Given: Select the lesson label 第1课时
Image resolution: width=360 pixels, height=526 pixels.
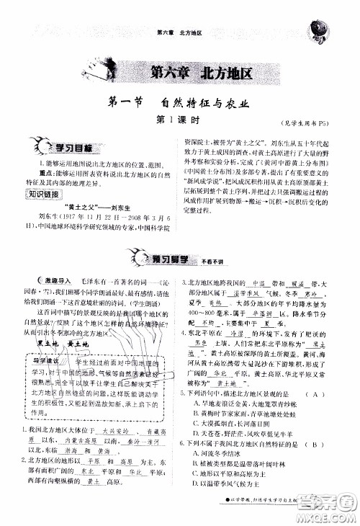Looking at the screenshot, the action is pyautogui.click(x=179, y=120).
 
